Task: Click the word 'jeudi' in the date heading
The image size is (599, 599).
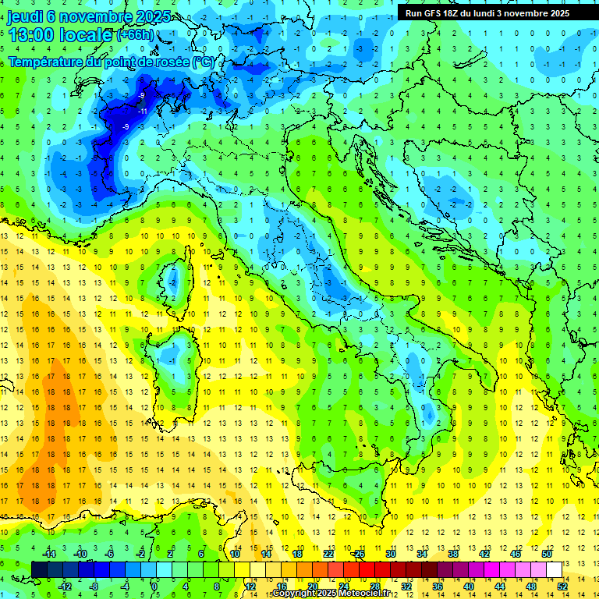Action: coord(25,16)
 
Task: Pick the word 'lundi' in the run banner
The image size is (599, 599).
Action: coord(493,13)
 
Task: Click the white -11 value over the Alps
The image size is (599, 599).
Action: coord(143,112)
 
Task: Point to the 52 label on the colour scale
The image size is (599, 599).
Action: coord(562,587)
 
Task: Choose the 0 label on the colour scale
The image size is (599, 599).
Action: coord(155,587)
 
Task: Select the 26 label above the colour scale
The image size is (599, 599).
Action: coord(359,554)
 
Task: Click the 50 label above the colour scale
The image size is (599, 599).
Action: coord(546,554)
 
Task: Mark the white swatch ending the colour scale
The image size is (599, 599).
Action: coord(554,569)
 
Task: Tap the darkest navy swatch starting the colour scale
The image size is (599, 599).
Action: coord(39,569)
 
